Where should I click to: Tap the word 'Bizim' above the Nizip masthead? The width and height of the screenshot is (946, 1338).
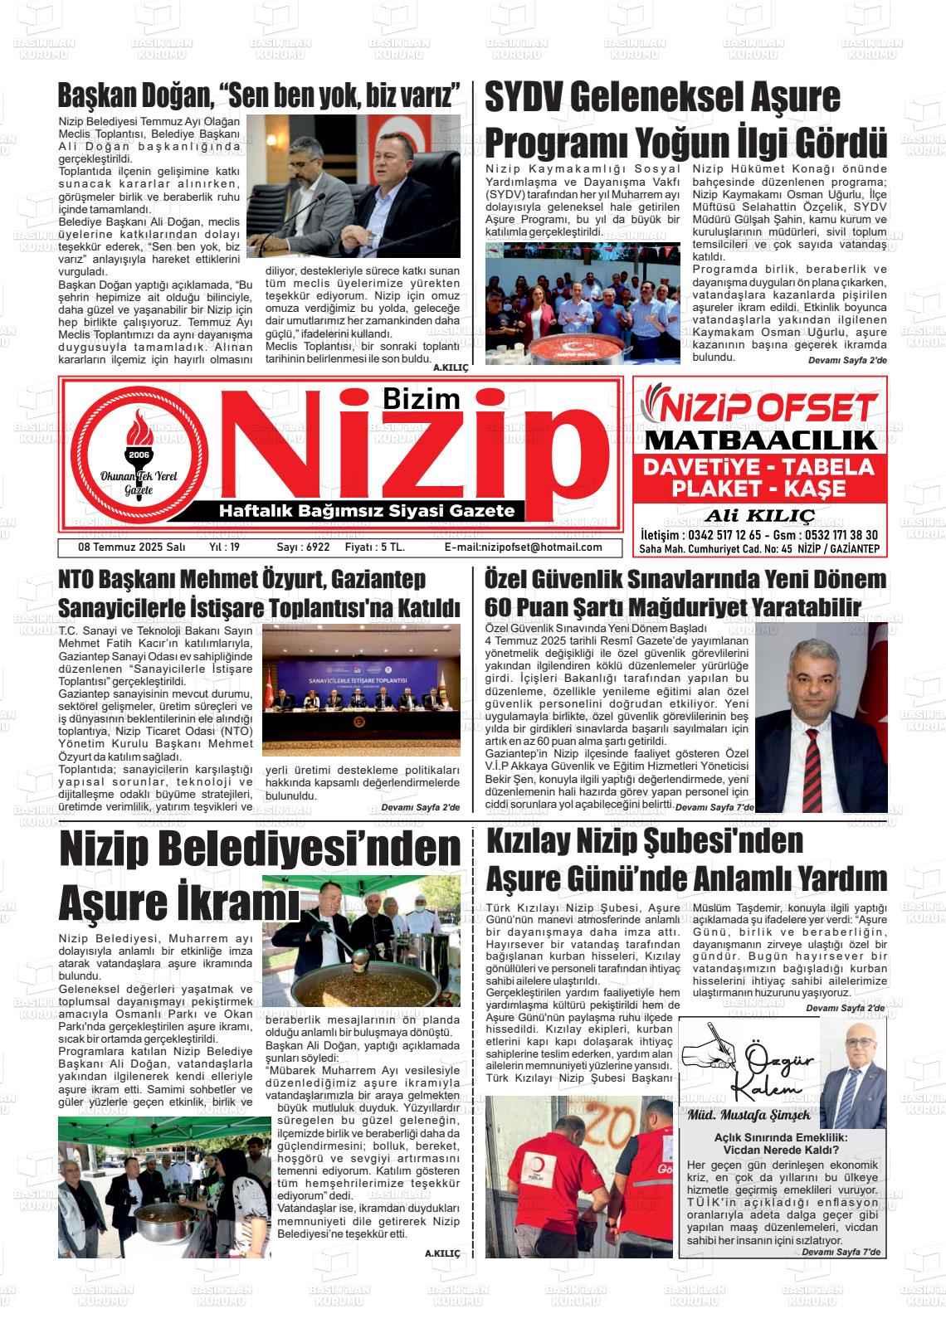click(x=422, y=400)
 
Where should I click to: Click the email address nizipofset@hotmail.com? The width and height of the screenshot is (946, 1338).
click(x=524, y=547)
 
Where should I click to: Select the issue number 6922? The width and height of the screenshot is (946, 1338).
click(x=303, y=547)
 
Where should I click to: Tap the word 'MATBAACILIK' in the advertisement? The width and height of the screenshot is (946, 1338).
click(x=760, y=440)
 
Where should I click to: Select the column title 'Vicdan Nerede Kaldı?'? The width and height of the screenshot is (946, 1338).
click(x=780, y=1150)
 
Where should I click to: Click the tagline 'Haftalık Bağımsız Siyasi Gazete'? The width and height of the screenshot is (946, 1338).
click(x=366, y=511)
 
